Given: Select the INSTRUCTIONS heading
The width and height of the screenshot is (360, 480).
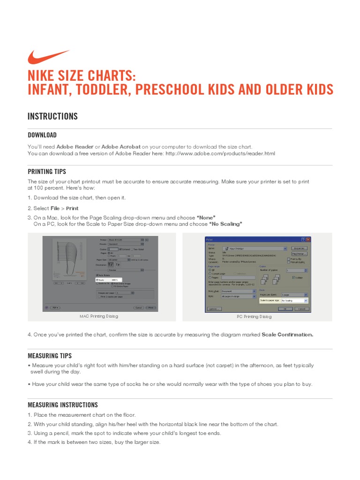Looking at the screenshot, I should pyautogui.click(x=52, y=116).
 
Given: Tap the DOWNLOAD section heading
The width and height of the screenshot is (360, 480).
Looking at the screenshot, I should pyautogui.click(x=42, y=135).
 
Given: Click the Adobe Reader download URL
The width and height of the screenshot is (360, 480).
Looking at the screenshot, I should pyautogui.click(x=220, y=153).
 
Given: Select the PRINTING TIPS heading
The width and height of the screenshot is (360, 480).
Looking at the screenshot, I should pyautogui.click(x=47, y=172).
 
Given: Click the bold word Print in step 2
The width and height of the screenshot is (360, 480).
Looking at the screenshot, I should pyautogui.click(x=72, y=208).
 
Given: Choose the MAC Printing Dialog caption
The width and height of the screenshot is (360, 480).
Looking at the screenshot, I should pyautogui.click(x=99, y=316).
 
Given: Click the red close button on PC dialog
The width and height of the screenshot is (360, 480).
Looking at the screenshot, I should pyautogui.click(x=308, y=240).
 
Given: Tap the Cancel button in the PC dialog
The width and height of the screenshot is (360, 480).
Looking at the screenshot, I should pyautogui.click(x=302, y=309).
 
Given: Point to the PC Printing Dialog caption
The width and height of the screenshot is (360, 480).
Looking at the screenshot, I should pyautogui.click(x=254, y=316).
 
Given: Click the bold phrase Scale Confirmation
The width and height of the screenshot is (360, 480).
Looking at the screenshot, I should pyautogui.click(x=287, y=335).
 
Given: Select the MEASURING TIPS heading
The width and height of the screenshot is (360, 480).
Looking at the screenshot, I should pyautogui.click(x=50, y=356).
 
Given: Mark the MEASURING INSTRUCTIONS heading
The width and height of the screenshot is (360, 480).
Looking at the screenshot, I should pyautogui.click(x=63, y=405).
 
